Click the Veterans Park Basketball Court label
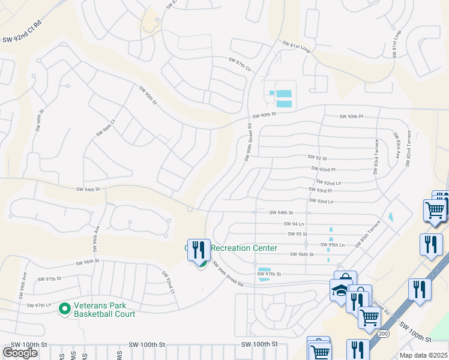pyautogui.click(x=104, y=309)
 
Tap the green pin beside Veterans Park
pyautogui.click(x=65, y=309)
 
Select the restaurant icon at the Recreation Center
pyautogui.click(x=199, y=250)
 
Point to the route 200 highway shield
pyautogui.click(x=383, y=332)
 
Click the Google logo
pyautogui.click(x=20, y=353)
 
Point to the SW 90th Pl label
pyautogui.click(x=352, y=116)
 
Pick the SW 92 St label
pyautogui.click(x=317, y=157)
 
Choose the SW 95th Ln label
pyautogui.click(x=333, y=245)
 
